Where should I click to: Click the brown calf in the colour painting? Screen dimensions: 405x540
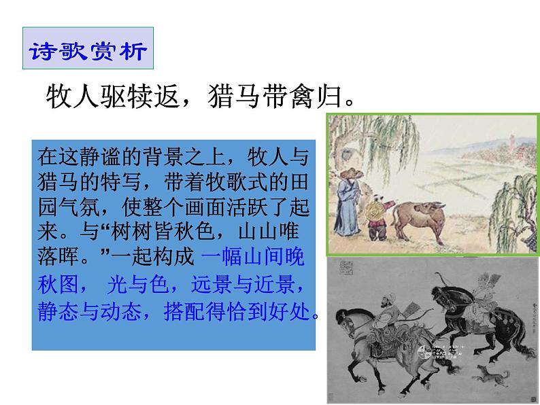click(416, 216)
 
